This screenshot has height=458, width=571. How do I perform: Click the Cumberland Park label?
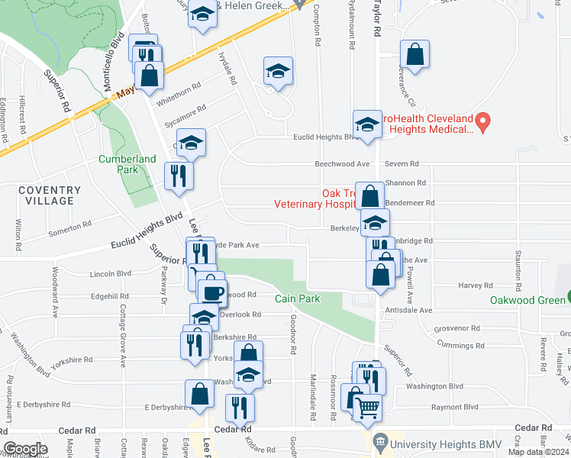click(127, 164)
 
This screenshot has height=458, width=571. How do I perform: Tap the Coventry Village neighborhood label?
click(50, 195)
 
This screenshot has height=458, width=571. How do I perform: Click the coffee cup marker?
click(211, 292)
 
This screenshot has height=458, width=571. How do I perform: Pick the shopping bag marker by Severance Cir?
click(415, 56)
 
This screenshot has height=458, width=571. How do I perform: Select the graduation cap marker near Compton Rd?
click(278, 73)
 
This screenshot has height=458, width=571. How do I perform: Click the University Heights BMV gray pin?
click(379, 441)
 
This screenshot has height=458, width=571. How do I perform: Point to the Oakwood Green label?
click(527, 299)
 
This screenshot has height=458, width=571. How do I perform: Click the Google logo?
click(25, 449)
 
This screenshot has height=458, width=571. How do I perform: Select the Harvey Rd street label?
click(476, 285)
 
